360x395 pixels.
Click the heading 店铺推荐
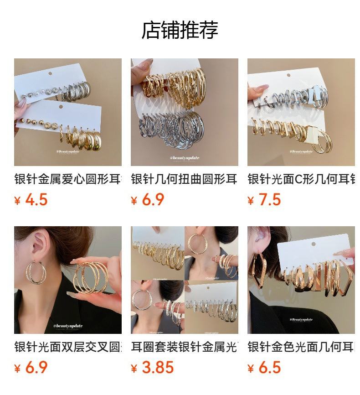[180, 30]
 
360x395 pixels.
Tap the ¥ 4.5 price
[31, 200]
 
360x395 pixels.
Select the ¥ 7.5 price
[264, 200]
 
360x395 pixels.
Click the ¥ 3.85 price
[153, 368]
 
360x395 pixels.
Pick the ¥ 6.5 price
[264, 368]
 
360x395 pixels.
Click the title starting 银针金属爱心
[67, 179]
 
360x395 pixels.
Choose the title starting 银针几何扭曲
[184, 179]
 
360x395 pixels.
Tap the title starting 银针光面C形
[301, 179]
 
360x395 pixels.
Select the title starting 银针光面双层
[67, 347]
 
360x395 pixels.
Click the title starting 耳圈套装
[184, 347]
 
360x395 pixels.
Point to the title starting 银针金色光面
[301, 347]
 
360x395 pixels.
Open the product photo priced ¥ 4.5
[67, 112]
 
